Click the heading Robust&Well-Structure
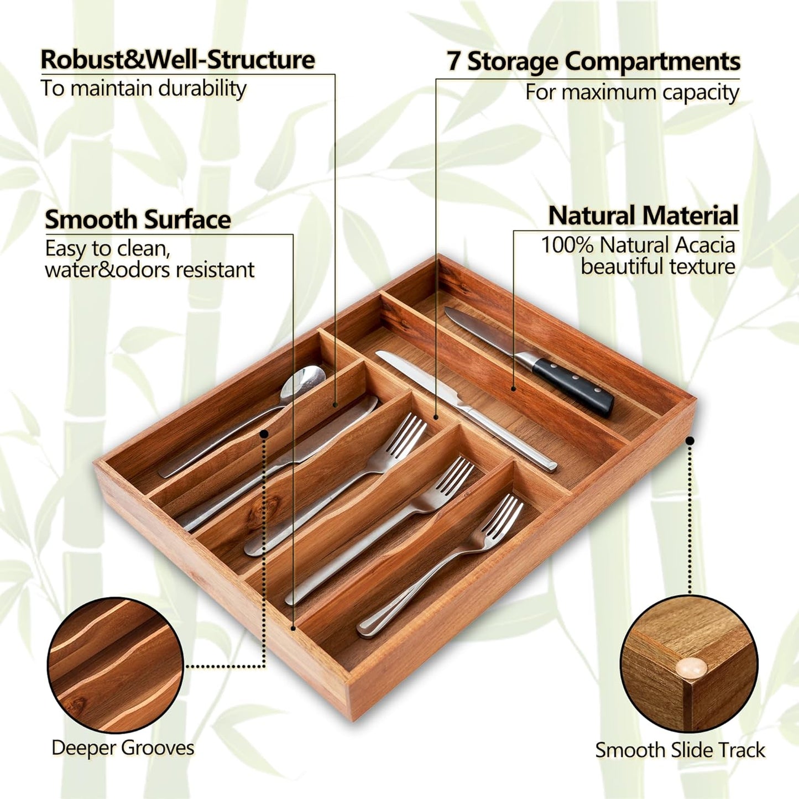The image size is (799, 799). tap(178, 60)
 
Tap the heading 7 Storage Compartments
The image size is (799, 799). tap(593, 61)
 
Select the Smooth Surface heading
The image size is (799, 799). tap(138, 220)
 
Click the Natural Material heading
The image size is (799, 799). tap(644, 216)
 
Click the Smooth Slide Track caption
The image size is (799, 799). tap(680, 739)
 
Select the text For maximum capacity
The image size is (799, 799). tap(633, 92)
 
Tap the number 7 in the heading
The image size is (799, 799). tap(453, 61)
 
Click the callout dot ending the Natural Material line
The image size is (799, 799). tap(513, 389)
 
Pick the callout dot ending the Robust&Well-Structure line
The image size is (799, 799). tap(335, 404)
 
